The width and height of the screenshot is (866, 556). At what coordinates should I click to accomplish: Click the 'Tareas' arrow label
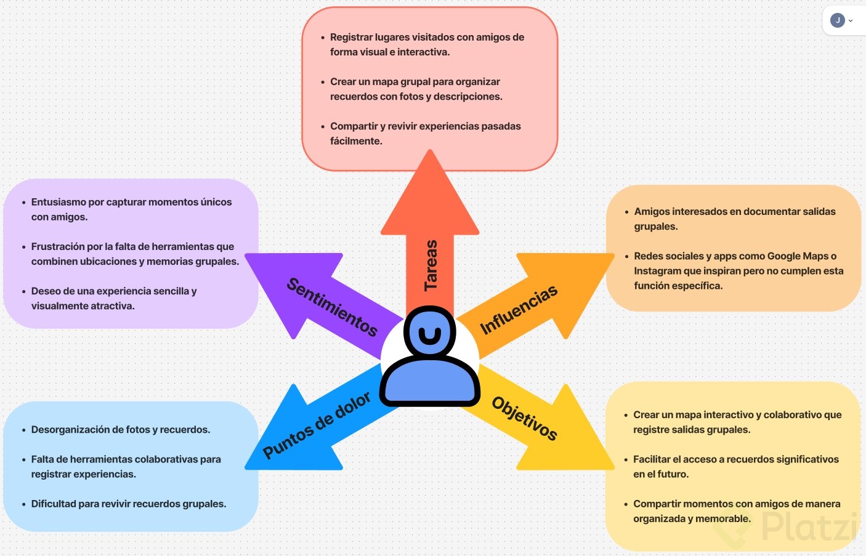[x=431, y=265]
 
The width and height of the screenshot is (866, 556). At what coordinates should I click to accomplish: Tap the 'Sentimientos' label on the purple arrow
[x=332, y=307]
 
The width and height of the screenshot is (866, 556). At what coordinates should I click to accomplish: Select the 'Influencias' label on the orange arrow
[x=519, y=310]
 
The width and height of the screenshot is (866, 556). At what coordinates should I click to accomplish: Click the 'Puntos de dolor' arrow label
[x=317, y=425]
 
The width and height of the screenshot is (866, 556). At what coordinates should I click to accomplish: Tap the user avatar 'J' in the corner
[x=837, y=20]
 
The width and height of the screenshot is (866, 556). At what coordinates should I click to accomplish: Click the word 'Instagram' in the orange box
[x=657, y=271]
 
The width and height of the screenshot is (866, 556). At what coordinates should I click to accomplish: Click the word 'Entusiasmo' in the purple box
[x=59, y=202]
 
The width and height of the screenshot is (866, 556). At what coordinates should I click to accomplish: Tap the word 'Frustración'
[x=58, y=246]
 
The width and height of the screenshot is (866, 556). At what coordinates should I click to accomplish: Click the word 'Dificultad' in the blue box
[x=54, y=504]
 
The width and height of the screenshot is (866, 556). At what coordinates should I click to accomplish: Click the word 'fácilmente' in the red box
[x=355, y=141]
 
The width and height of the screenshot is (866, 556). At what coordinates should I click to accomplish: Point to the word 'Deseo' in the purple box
[x=46, y=291]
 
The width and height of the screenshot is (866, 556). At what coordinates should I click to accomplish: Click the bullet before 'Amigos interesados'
[x=626, y=212]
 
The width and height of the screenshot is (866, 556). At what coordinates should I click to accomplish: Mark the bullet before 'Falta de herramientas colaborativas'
[x=24, y=459]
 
